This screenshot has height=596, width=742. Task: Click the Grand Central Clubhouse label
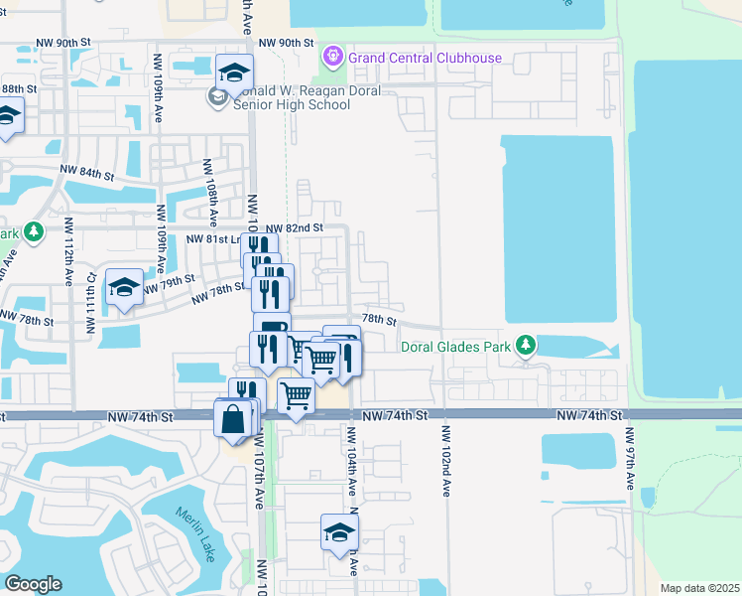click(x=425, y=58)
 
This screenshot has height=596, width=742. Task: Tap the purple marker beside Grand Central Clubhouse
click(x=333, y=58)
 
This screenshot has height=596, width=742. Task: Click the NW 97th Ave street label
click(x=629, y=458)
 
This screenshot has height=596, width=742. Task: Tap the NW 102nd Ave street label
click(x=446, y=461)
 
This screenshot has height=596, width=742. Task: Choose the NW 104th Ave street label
click(x=352, y=461)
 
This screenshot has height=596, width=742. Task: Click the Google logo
click(x=33, y=584)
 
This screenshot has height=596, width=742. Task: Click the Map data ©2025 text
click(x=699, y=588)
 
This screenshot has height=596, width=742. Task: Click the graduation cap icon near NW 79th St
click(x=124, y=289)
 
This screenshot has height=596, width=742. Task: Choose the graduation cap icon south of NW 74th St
click(x=339, y=532)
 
